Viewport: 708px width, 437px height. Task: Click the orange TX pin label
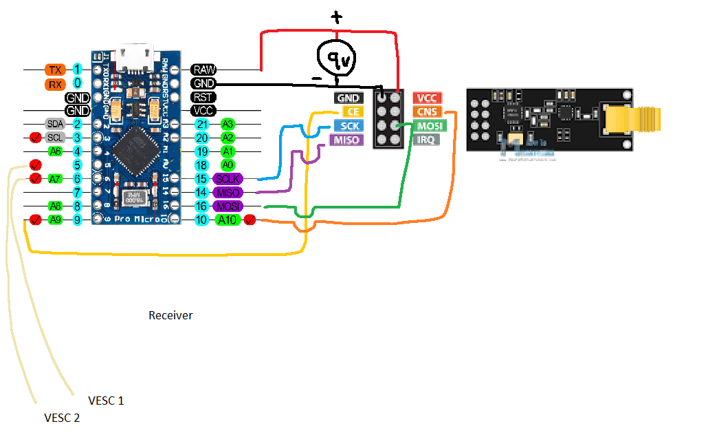pyautogui.click(x=55, y=70)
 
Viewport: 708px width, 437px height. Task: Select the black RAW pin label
pyautogui.click(x=204, y=70)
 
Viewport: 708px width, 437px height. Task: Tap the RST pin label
pyautogui.click(x=203, y=97)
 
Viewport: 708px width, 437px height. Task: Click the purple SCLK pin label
pyautogui.click(x=228, y=179)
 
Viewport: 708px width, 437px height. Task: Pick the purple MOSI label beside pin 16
pyautogui.click(x=228, y=206)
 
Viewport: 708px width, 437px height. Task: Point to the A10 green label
pyautogui.click(x=227, y=220)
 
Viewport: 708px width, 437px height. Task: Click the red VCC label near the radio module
pyautogui.click(x=428, y=98)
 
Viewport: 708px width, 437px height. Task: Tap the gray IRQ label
pyautogui.click(x=426, y=140)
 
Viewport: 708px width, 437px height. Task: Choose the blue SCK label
pyautogui.click(x=349, y=126)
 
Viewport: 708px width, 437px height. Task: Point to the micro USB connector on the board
pyautogui.click(x=136, y=58)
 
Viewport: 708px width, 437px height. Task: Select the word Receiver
pyautogui.click(x=170, y=316)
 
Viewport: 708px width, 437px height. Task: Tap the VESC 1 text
pyautogui.click(x=106, y=401)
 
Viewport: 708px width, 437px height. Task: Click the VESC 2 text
pyautogui.click(x=62, y=418)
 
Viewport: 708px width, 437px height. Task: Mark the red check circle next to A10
pyautogui.click(x=250, y=220)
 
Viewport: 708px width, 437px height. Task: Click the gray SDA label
pyautogui.click(x=55, y=124)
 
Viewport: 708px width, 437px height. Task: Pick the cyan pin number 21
pyautogui.click(x=201, y=124)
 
